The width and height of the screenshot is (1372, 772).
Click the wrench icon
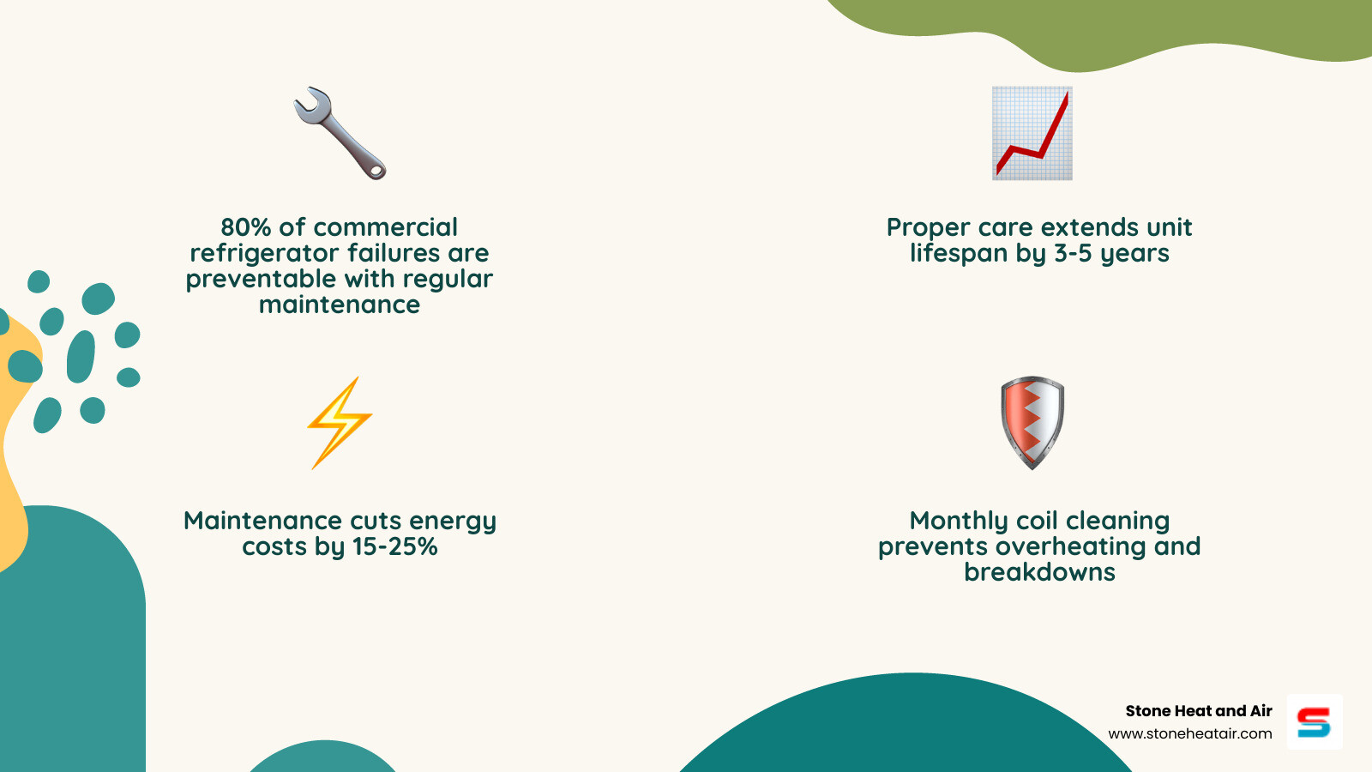click(340, 133)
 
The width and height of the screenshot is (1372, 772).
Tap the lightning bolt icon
click(340, 422)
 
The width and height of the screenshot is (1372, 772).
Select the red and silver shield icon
click(1032, 422)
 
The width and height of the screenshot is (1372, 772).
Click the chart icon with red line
click(1032, 133)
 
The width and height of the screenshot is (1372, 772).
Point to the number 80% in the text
click(245, 227)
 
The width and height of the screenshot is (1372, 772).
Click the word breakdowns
click(1039, 572)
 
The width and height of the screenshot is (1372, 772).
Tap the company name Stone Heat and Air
click(1198, 711)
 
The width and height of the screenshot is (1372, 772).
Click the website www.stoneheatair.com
click(1189, 733)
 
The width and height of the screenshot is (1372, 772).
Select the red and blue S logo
click(1314, 722)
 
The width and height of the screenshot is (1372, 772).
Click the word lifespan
click(959, 253)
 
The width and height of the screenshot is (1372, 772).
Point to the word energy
click(452, 522)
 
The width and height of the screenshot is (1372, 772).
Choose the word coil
click(1037, 521)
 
